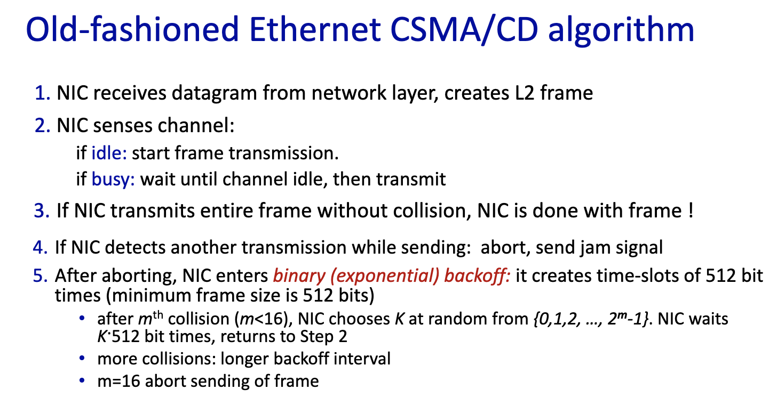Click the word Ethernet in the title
(x=315, y=29)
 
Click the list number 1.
(x=43, y=93)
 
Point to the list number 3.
(x=42, y=211)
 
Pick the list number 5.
(x=40, y=276)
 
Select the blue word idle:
(x=109, y=153)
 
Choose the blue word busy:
(x=113, y=180)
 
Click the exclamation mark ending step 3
(x=691, y=210)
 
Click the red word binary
(x=299, y=277)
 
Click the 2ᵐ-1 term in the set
(x=624, y=319)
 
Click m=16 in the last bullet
(x=119, y=381)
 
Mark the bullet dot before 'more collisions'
(x=82, y=358)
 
